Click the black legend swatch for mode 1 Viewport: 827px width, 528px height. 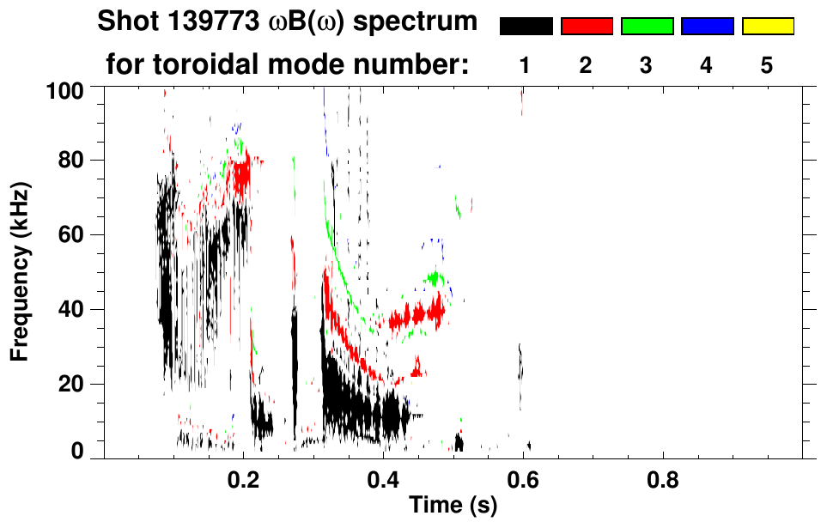[x=526, y=27]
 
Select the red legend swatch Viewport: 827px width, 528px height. [x=587, y=27]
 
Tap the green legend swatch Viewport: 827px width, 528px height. [x=647, y=27]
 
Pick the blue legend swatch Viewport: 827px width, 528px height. [x=707, y=27]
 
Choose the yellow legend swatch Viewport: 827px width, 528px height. [x=768, y=27]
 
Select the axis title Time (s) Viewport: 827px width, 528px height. [x=453, y=507]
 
